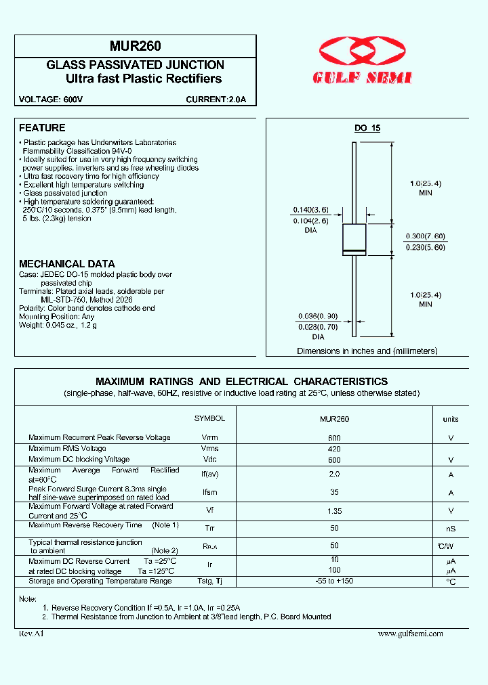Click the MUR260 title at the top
point(135,47)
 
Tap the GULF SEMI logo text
point(362,79)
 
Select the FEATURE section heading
point(42,128)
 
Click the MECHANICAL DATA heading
point(66,264)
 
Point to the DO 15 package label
point(367,129)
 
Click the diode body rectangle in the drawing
point(354,239)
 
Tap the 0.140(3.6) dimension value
point(311,210)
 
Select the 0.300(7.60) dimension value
point(426,236)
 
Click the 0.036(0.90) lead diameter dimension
point(318,316)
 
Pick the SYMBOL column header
point(209,419)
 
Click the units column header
point(451,420)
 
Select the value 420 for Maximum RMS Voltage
point(334,449)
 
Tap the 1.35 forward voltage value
point(334,511)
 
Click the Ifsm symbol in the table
point(210,493)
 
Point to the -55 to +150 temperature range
point(334,581)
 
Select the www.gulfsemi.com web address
point(410,634)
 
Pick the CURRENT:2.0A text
point(216,100)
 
